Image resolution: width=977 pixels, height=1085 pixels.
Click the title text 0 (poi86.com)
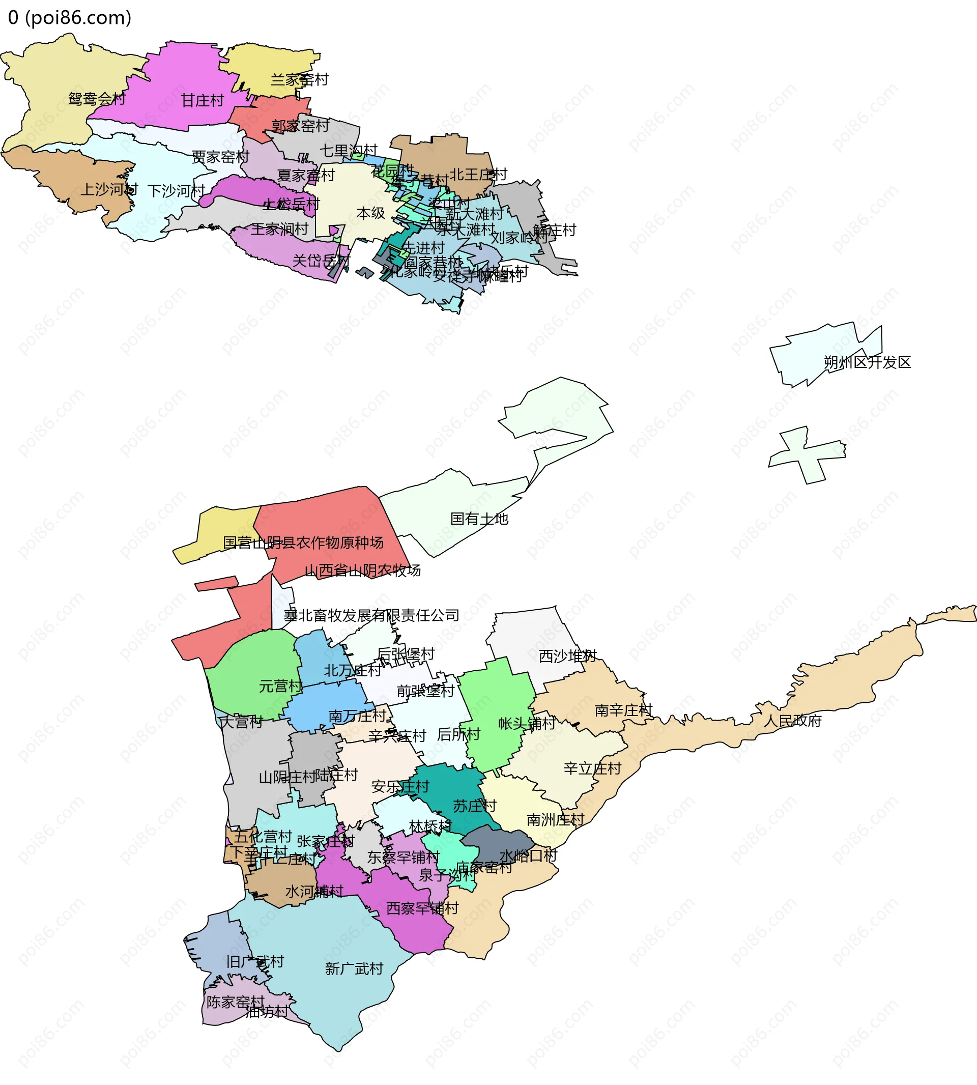(70, 18)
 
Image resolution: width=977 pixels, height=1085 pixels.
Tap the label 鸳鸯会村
(97, 99)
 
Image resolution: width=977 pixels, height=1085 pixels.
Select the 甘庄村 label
(203, 101)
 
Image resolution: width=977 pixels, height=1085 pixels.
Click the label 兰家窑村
(299, 80)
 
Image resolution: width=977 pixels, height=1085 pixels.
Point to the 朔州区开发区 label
(867, 362)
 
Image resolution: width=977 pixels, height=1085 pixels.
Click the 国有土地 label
(479, 519)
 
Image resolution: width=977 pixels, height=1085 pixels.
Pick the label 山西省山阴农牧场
(362, 570)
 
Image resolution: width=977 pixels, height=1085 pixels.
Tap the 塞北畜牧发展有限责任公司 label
(371, 615)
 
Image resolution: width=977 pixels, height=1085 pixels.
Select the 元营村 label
(280, 686)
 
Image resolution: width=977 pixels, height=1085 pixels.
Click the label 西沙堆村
(567, 656)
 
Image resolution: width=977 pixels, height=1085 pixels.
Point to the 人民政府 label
(792, 721)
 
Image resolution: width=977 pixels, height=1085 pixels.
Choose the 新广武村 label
(354, 969)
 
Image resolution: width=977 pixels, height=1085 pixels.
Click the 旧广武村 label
(255, 961)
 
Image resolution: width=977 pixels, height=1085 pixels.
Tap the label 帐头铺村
(527, 723)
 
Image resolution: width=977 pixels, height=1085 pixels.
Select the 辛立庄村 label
(592, 769)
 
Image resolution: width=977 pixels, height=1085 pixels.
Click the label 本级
(370, 213)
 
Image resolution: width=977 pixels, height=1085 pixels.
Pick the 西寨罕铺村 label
(422, 908)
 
